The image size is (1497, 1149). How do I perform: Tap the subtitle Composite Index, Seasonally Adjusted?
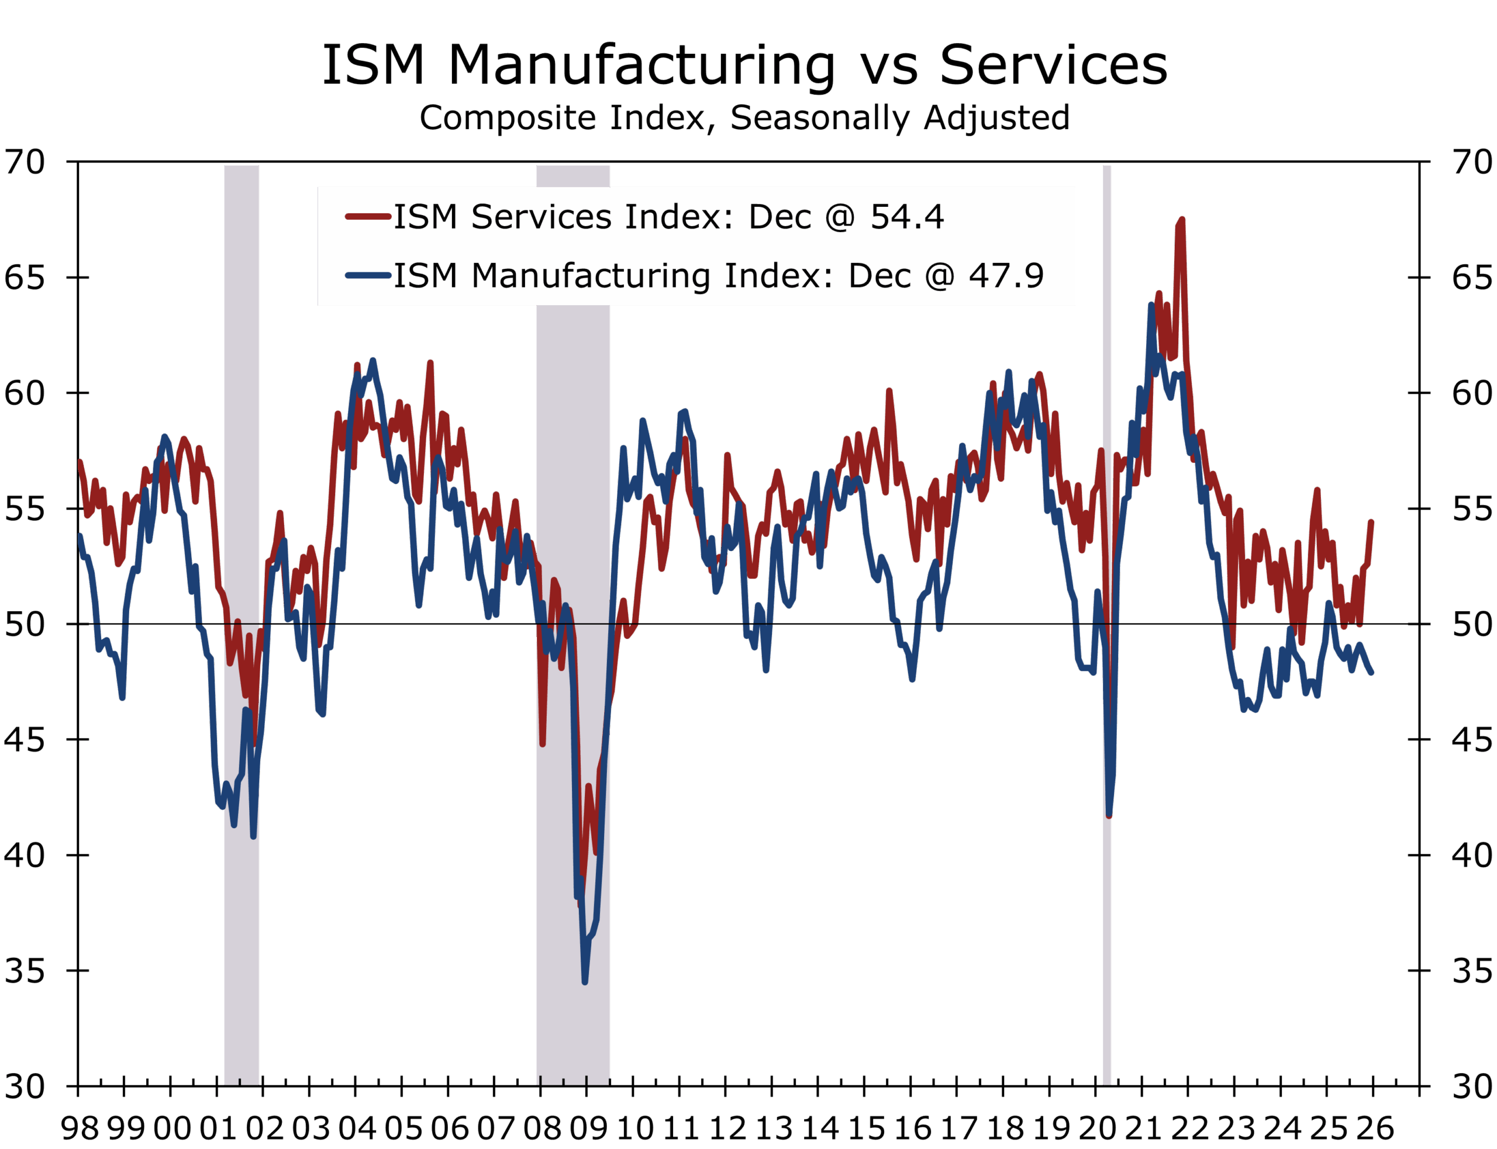[744, 117]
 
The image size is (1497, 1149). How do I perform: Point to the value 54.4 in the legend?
[906, 217]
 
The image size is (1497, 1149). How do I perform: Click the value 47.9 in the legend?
[1006, 276]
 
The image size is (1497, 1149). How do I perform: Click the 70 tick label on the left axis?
[25, 163]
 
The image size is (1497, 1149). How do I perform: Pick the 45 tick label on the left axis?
[25, 740]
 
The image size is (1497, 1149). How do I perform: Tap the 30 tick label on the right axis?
[1472, 1086]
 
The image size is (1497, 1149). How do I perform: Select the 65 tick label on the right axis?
[1472, 278]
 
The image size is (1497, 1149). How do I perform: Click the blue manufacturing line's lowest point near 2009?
[585, 981]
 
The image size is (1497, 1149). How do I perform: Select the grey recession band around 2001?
[242, 615]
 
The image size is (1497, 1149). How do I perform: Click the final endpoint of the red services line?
[1371, 522]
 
